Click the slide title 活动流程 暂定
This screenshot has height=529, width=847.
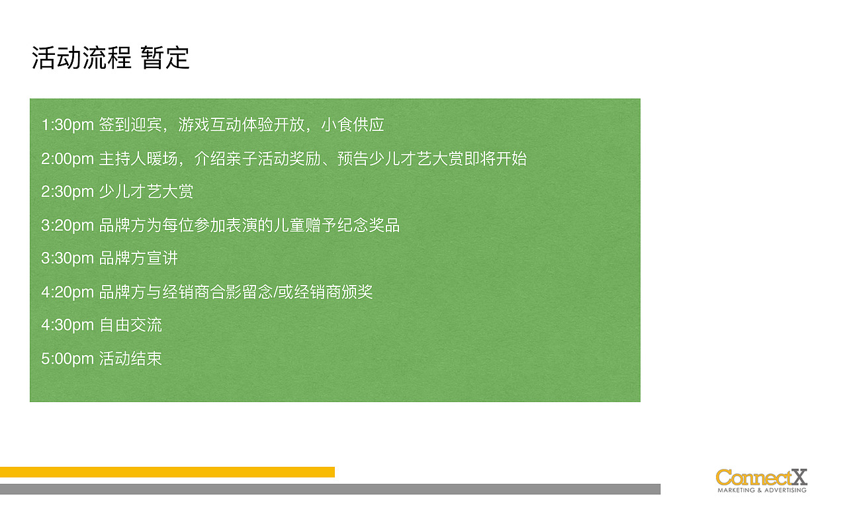tap(111, 58)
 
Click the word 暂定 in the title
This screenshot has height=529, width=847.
tap(165, 58)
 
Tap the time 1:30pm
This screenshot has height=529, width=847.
tap(67, 125)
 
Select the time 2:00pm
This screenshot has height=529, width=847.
tap(67, 159)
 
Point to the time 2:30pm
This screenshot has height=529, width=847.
tap(67, 192)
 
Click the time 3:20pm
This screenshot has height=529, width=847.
tap(67, 225)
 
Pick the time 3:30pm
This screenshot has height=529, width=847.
tap(67, 259)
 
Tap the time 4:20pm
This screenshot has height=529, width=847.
tap(67, 292)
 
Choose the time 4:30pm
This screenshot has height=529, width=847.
tap(67, 325)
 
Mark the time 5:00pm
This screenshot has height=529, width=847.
tap(67, 359)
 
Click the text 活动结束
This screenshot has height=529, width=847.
tap(130, 359)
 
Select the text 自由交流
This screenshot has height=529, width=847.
tap(130, 325)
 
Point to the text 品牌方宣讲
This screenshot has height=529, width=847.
tap(138, 259)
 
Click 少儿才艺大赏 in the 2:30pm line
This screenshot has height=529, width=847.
tap(146, 192)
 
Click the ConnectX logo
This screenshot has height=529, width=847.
tap(762, 479)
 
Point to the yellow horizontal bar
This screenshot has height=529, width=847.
tap(167, 472)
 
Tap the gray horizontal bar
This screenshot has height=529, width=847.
tap(330, 489)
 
